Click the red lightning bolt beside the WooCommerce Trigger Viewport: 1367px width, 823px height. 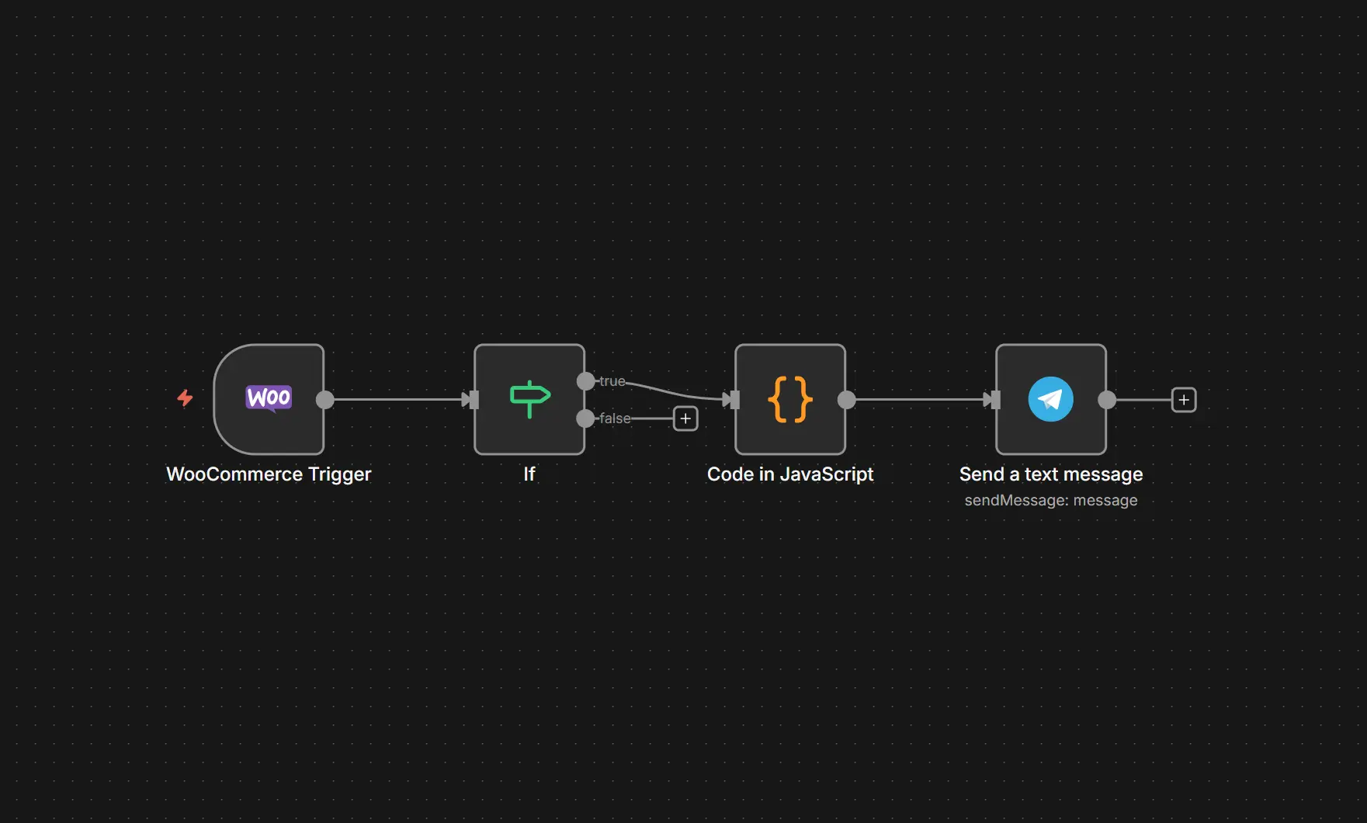[185, 398]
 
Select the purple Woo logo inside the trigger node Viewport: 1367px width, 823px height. [269, 398]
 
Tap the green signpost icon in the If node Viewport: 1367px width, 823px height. [530, 399]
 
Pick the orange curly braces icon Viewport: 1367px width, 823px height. [790, 399]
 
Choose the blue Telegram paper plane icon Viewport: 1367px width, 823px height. [1051, 399]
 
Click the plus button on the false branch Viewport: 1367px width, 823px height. [685, 418]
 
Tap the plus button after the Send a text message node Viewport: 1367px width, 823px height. [1184, 400]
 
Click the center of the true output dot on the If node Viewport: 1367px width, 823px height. [586, 381]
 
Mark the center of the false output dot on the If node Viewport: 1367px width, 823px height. [586, 418]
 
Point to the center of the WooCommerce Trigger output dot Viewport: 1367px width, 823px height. [325, 400]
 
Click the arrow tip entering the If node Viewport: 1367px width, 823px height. [474, 400]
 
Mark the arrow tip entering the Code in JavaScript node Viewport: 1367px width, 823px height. [734, 400]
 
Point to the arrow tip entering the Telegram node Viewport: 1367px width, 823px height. [995, 400]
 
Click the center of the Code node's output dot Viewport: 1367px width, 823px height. [847, 400]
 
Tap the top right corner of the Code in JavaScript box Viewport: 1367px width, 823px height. [845, 345]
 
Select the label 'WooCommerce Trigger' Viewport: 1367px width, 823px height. [269, 474]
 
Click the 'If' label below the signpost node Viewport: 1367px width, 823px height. [529, 474]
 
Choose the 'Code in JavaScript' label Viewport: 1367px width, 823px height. [790, 474]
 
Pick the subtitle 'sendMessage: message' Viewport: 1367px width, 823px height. [1051, 501]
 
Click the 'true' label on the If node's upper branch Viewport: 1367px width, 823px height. [612, 381]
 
